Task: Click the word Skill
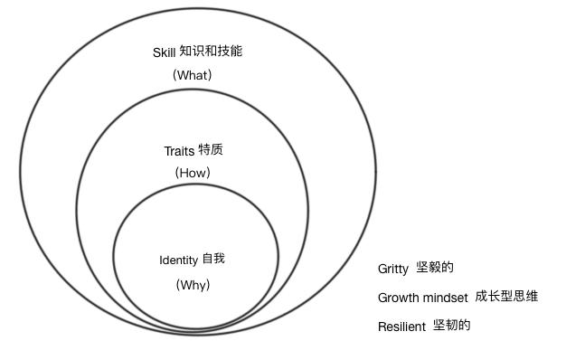click(165, 52)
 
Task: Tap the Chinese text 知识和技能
click(212, 52)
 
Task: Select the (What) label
click(192, 75)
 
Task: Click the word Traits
click(179, 151)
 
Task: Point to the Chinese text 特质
click(211, 150)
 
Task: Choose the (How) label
click(192, 173)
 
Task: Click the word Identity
click(178, 261)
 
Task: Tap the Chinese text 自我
click(213, 260)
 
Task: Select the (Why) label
click(193, 285)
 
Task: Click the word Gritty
click(393, 270)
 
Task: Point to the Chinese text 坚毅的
click(435, 268)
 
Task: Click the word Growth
click(398, 298)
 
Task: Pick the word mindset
click(445, 297)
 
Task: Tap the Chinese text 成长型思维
click(506, 297)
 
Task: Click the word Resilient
click(401, 327)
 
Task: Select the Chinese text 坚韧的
click(451, 326)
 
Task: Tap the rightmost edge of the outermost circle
click(376, 169)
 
